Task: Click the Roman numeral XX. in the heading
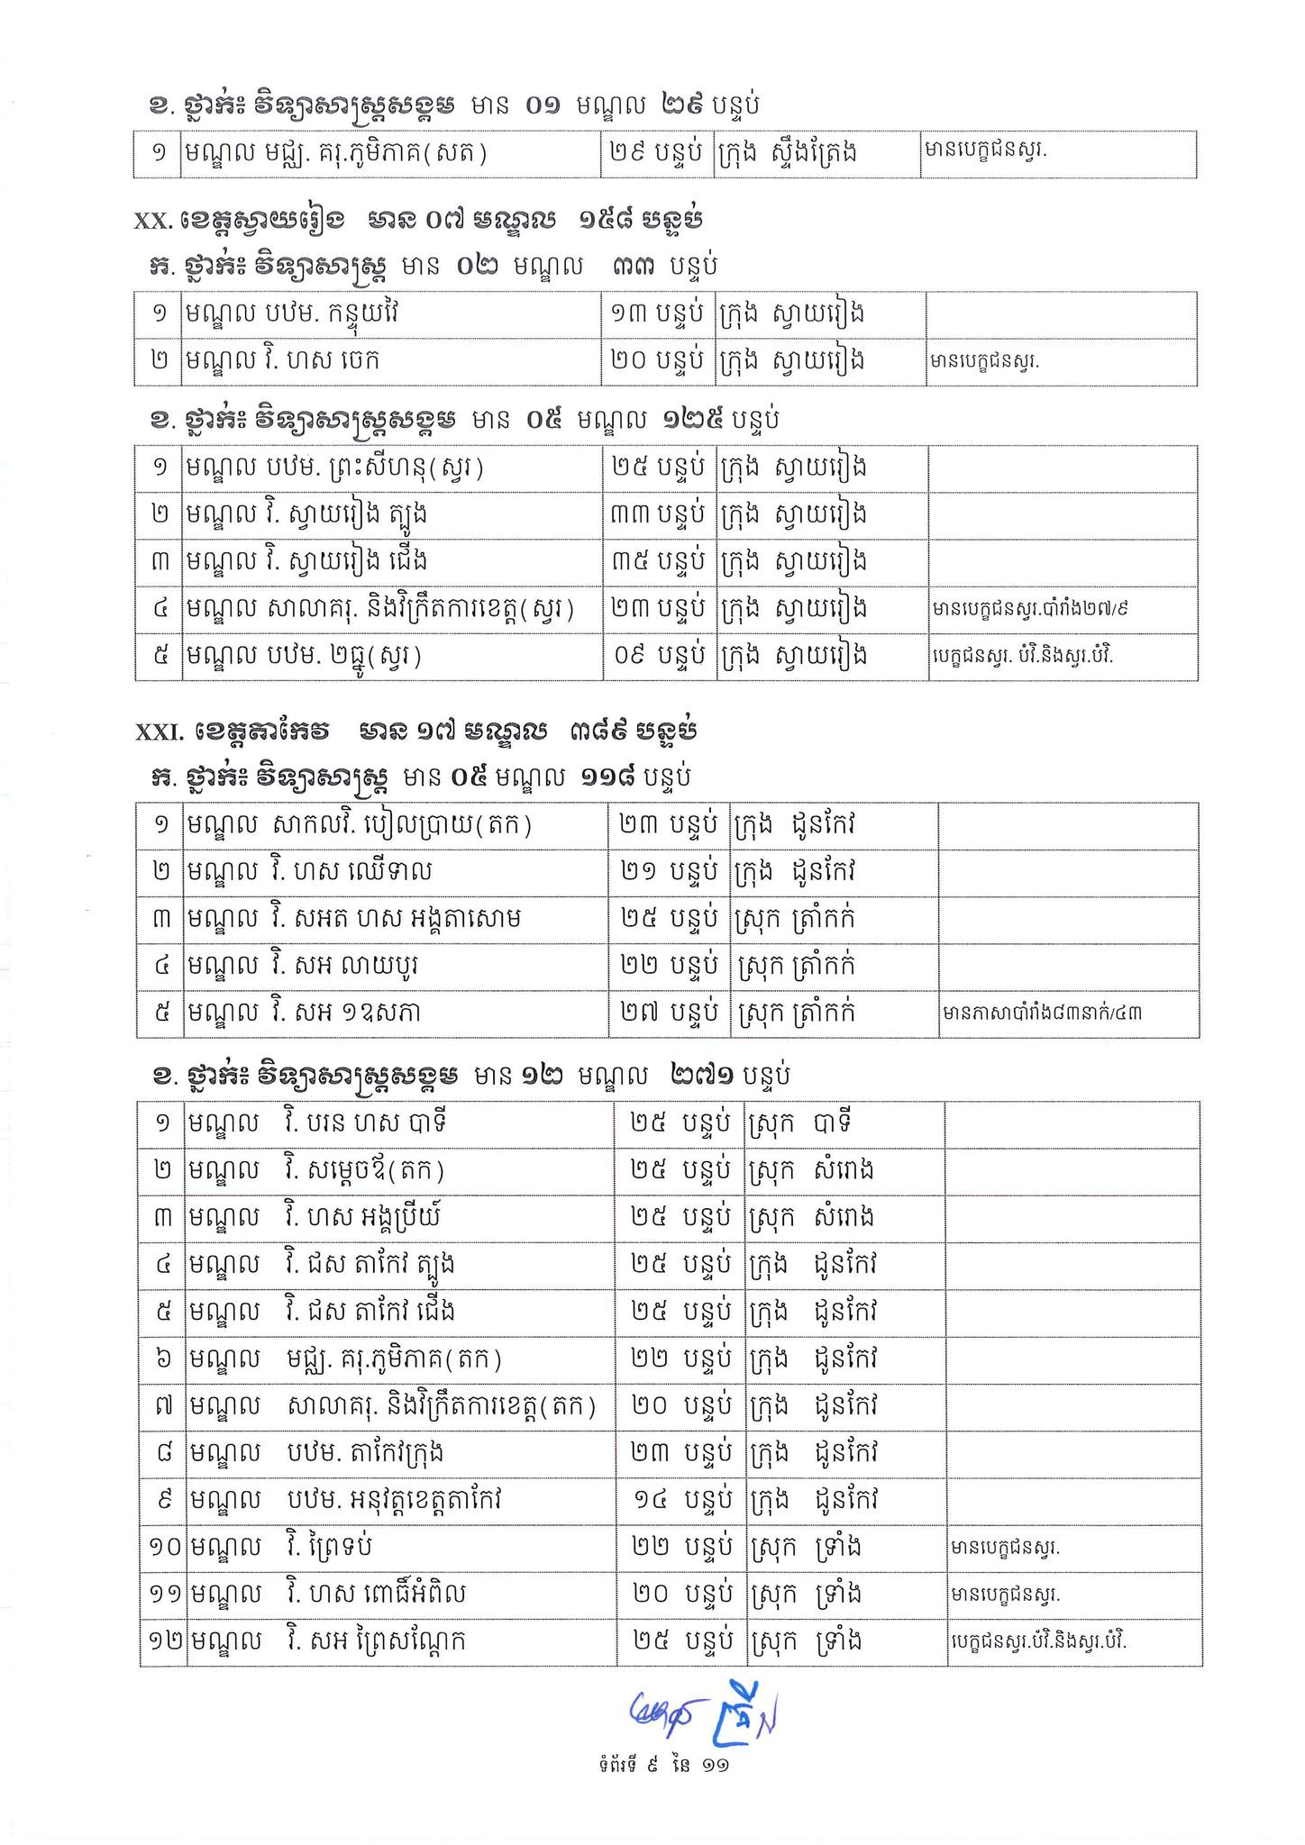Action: pos(153,221)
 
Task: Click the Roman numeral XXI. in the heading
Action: pos(158,732)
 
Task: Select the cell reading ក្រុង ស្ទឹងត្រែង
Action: pos(786,154)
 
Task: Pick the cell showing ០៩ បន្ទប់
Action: pos(657,656)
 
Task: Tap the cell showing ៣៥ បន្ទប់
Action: pos(657,562)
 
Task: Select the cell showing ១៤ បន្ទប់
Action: pos(680,1501)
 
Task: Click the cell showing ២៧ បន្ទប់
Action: pos(668,1013)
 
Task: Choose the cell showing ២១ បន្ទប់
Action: pos(668,872)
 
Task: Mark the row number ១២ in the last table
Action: pos(164,1641)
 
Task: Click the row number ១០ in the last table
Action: pos(164,1548)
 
